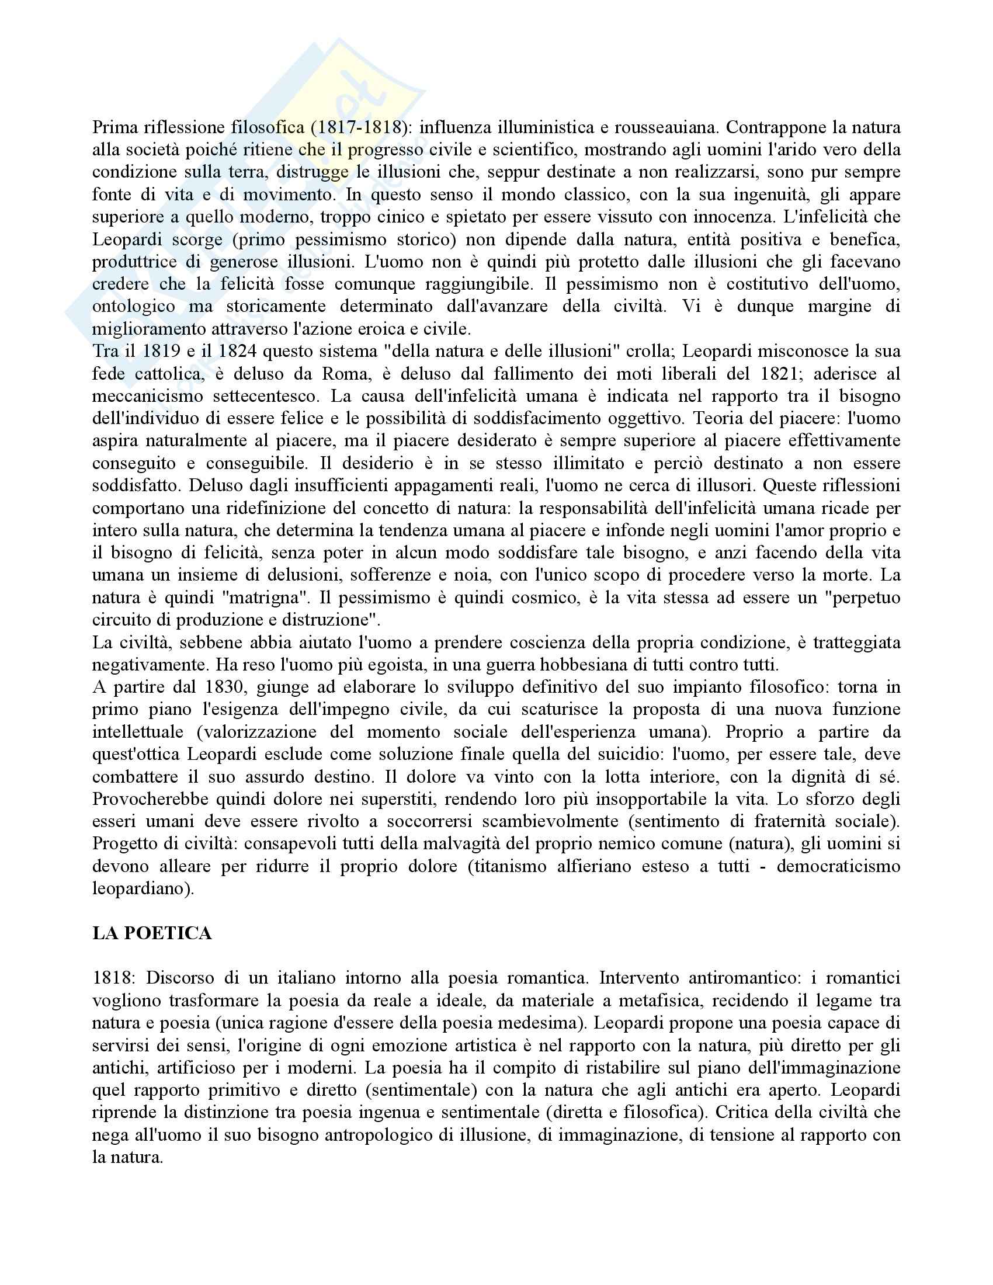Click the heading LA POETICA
(152, 935)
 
